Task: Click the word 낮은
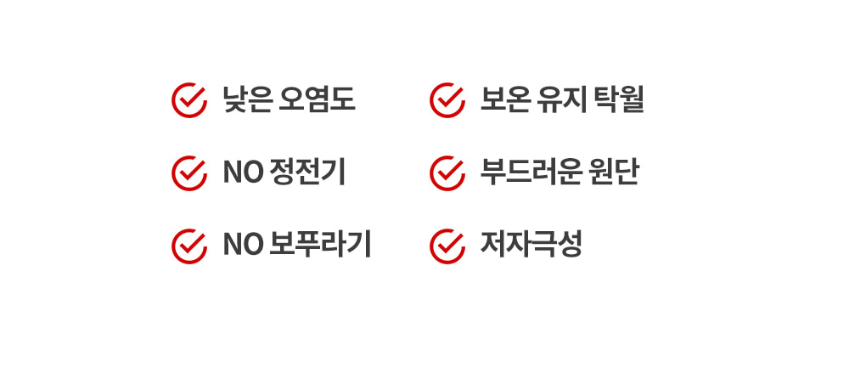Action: tap(247, 100)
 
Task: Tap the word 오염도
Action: tap(317, 100)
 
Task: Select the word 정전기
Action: tap(306, 173)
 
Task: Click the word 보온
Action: tap(504, 100)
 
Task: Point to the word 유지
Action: tap(561, 100)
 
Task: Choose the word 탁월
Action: tap(619, 100)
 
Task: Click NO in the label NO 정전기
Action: tap(243, 173)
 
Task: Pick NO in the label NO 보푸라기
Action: tap(243, 246)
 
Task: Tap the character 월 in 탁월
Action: tap(632, 100)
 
